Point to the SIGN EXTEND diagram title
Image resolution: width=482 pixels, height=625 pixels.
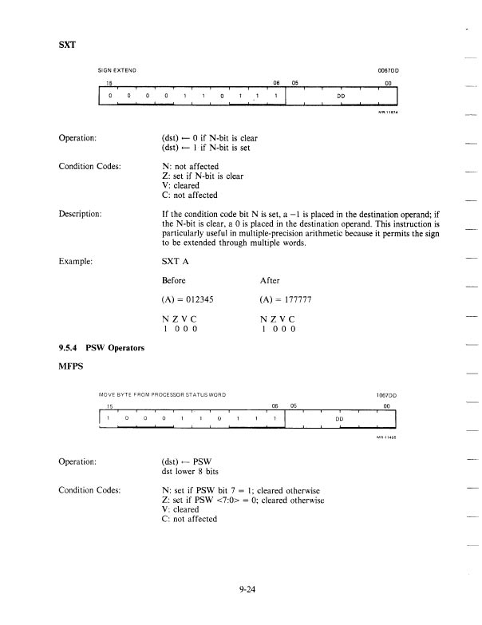(117, 69)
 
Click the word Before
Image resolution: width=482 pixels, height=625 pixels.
(174, 281)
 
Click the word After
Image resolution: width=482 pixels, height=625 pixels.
(271, 281)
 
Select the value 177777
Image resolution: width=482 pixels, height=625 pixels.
(300, 301)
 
